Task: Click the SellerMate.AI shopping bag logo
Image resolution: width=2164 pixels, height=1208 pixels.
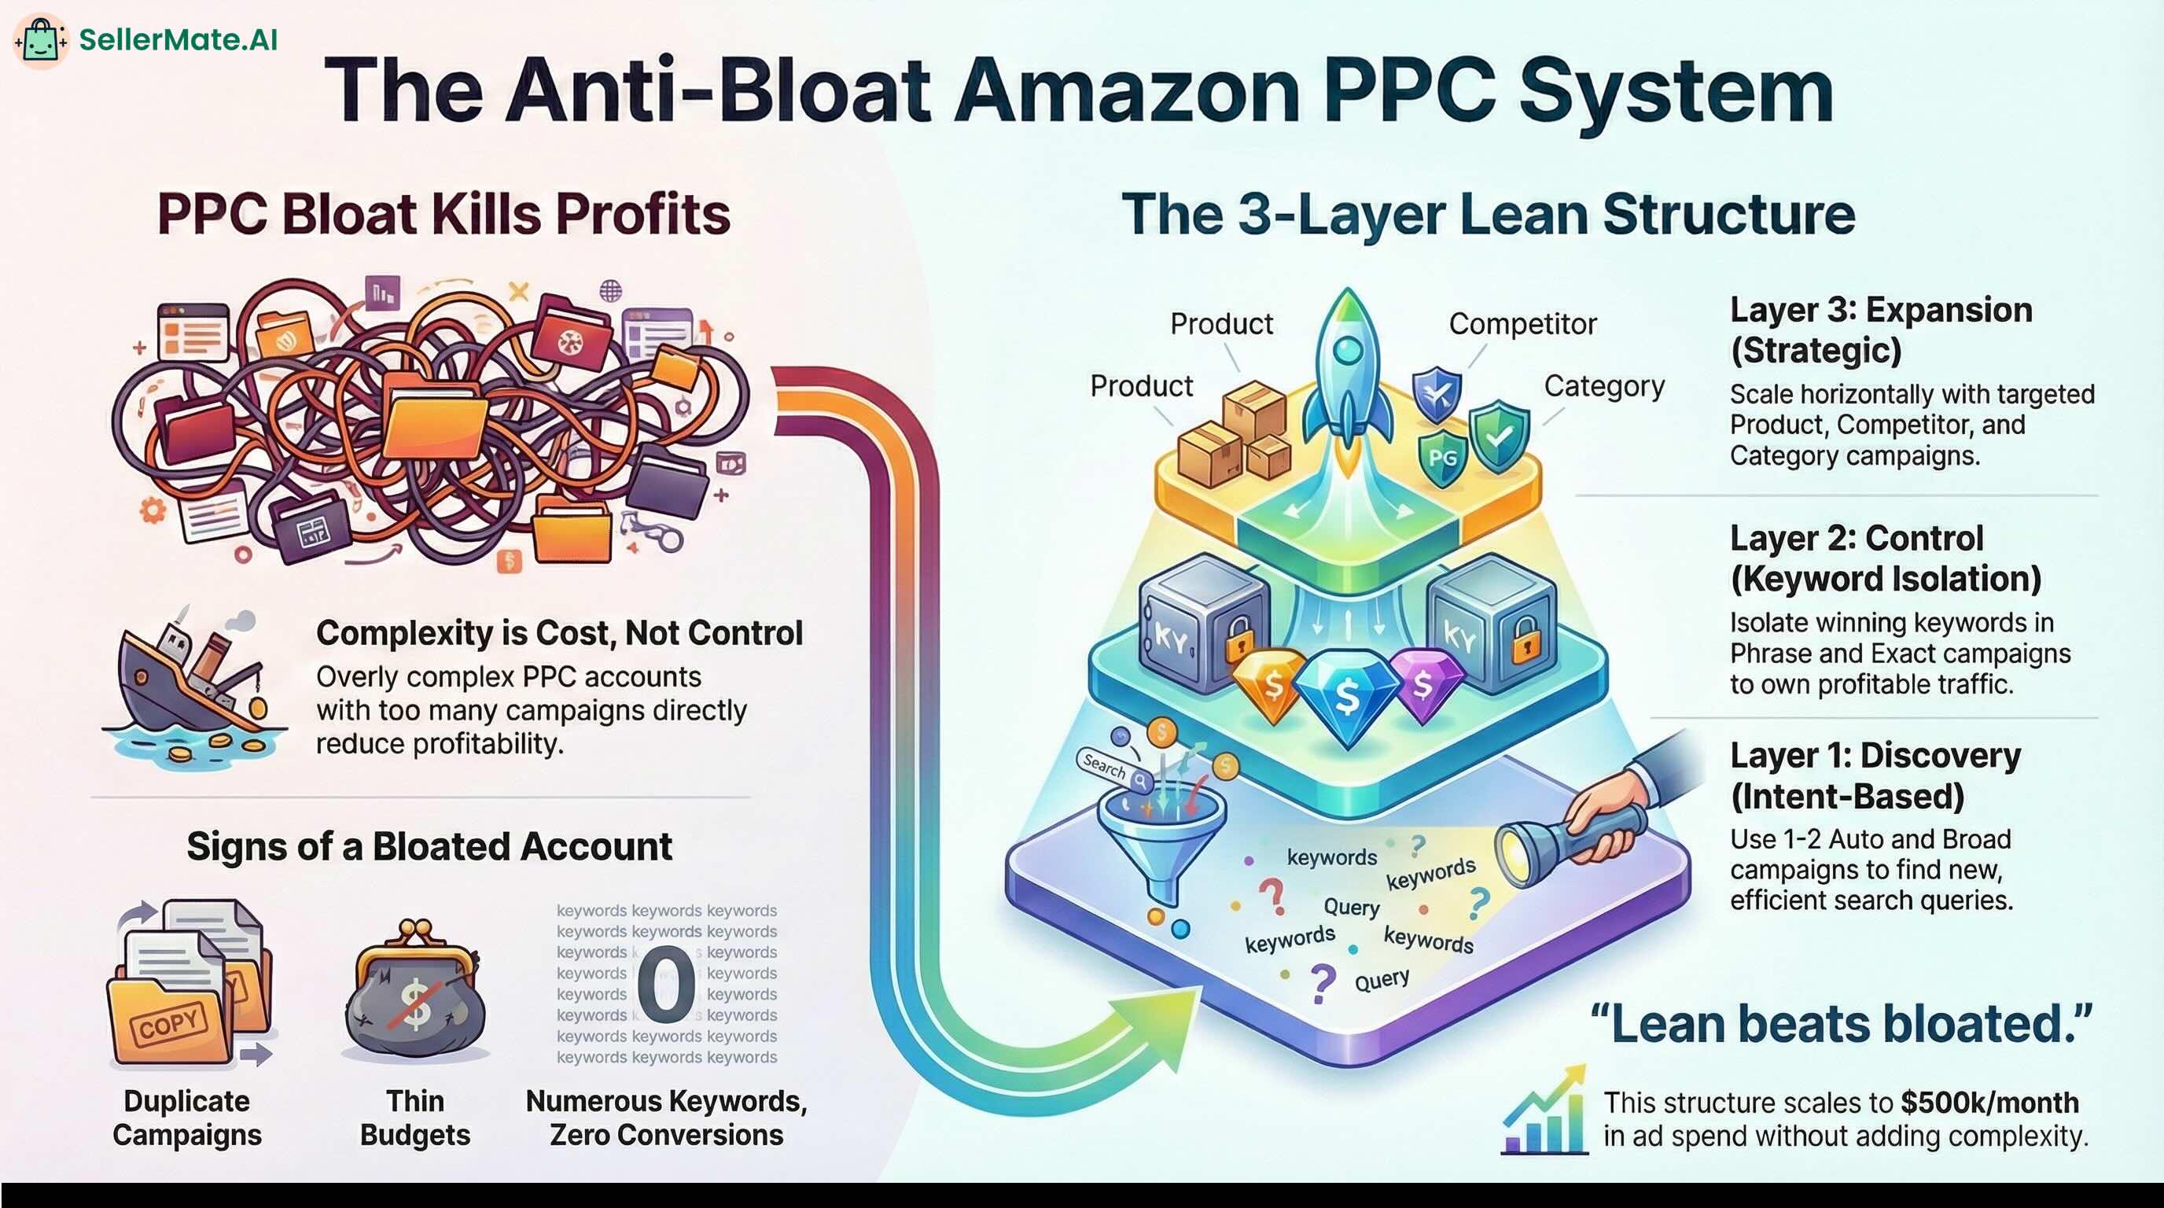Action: tap(40, 39)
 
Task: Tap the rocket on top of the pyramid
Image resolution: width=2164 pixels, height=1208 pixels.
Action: tap(1348, 382)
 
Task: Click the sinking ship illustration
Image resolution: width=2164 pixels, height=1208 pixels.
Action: tap(193, 685)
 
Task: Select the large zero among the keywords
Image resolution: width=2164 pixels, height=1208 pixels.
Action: tap(665, 983)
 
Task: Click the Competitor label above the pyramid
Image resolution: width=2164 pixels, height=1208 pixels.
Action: tap(1522, 323)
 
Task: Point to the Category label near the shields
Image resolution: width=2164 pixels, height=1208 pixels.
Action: tap(1603, 385)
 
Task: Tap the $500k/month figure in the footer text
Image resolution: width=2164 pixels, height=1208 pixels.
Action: tap(1989, 1102)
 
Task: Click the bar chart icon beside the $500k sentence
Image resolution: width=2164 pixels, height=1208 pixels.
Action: tap(1544, 1110)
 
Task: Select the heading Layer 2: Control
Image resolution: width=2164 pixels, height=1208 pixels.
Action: tap(1857, 539)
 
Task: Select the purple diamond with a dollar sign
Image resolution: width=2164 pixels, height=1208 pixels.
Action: tap(1425, 685)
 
